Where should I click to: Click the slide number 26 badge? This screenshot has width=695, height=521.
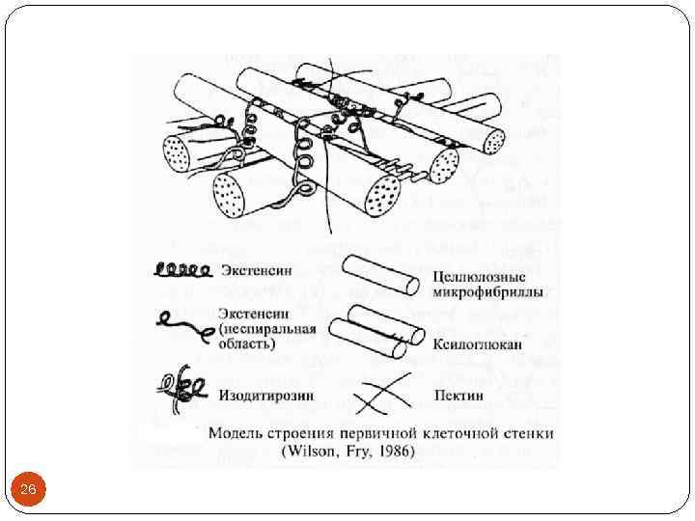(x=28, y=491)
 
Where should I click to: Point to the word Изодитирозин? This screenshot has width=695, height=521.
(x=263, y=395)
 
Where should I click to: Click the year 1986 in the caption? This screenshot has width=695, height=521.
(x=391, y=451)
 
